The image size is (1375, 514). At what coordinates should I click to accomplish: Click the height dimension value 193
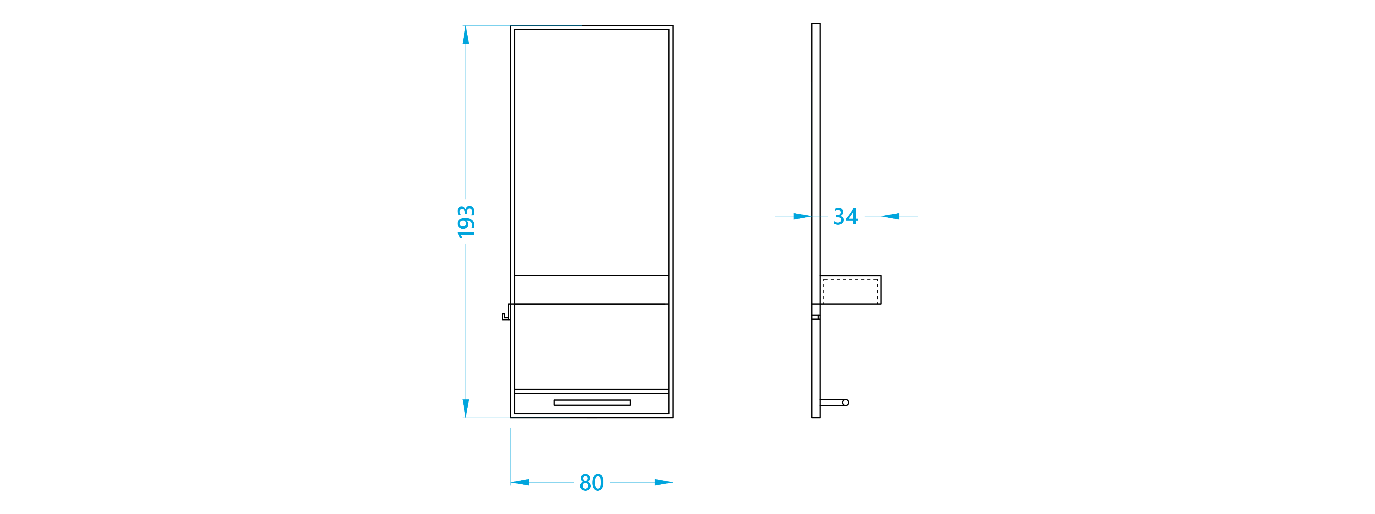pos(466,222)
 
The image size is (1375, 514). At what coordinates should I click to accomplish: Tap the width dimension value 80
pos(591,483)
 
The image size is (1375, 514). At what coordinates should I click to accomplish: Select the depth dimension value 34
pos(846,216)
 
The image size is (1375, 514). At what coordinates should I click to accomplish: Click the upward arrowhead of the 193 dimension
pos(465,35)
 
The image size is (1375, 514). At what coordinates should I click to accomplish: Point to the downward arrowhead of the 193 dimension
pos(465,408)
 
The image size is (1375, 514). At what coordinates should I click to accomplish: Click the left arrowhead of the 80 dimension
pos(520,483)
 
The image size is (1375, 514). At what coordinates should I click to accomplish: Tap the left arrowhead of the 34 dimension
pos(803,216)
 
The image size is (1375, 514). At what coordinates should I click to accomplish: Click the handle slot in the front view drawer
pos(592,402)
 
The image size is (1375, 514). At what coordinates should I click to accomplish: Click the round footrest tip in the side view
pos(846,402)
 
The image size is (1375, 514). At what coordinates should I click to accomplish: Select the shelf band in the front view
pos(591,290)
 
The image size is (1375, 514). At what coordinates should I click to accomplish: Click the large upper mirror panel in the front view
pos(591,152)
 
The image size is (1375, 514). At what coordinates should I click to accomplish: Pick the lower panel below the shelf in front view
pos(591,346)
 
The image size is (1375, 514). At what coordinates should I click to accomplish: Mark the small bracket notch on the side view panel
pos(816,317)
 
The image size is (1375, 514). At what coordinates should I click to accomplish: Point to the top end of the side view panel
pos(816,24)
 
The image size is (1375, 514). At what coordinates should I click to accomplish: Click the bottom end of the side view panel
pos(816,417)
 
